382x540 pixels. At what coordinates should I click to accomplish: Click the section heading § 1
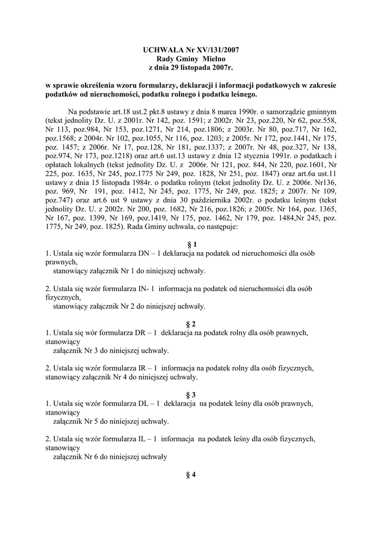[x=191, y=245]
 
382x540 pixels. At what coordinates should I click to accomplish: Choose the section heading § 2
[x=191, y=324]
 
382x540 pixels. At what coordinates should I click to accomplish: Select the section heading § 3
[x=191, y=395]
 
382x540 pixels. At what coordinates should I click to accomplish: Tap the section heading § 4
[x=191, y=475]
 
